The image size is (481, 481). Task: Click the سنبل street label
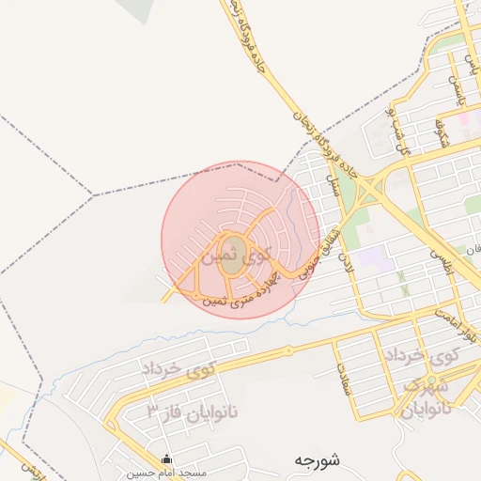[332, 178]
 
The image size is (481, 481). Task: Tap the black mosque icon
[167, 459]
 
